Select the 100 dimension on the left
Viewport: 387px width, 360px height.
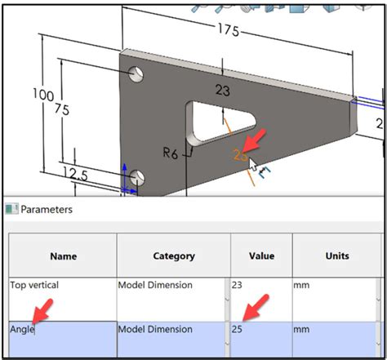click(x=42, y=95)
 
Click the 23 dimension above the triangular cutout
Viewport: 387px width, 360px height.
click(x=222, y=90)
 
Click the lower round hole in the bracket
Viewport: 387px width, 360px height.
click(x=137, y=177)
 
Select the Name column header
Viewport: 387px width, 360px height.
click(x=63, y=256)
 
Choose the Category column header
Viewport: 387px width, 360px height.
click(x=174, y=256)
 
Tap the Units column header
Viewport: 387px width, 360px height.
click(x=336, y=256)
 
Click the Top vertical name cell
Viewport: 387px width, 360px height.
click(x=34, y=286)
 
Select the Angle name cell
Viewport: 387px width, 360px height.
click(x=22, y=330)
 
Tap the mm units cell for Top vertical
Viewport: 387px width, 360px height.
click(x=301, y=286)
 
